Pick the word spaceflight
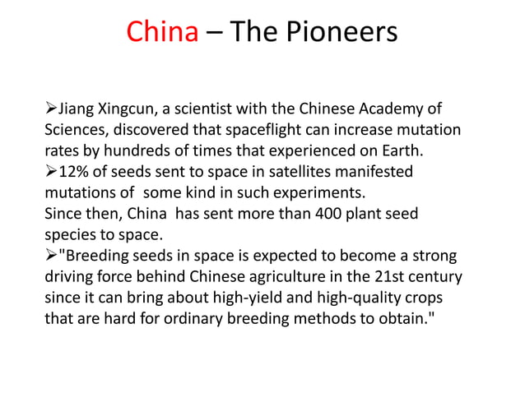pos(260,130)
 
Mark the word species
pos(72,234)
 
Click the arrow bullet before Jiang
pos(51,109)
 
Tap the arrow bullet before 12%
pos(51,173)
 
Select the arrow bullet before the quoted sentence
pos(51,256)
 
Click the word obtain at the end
pos(397,318)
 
